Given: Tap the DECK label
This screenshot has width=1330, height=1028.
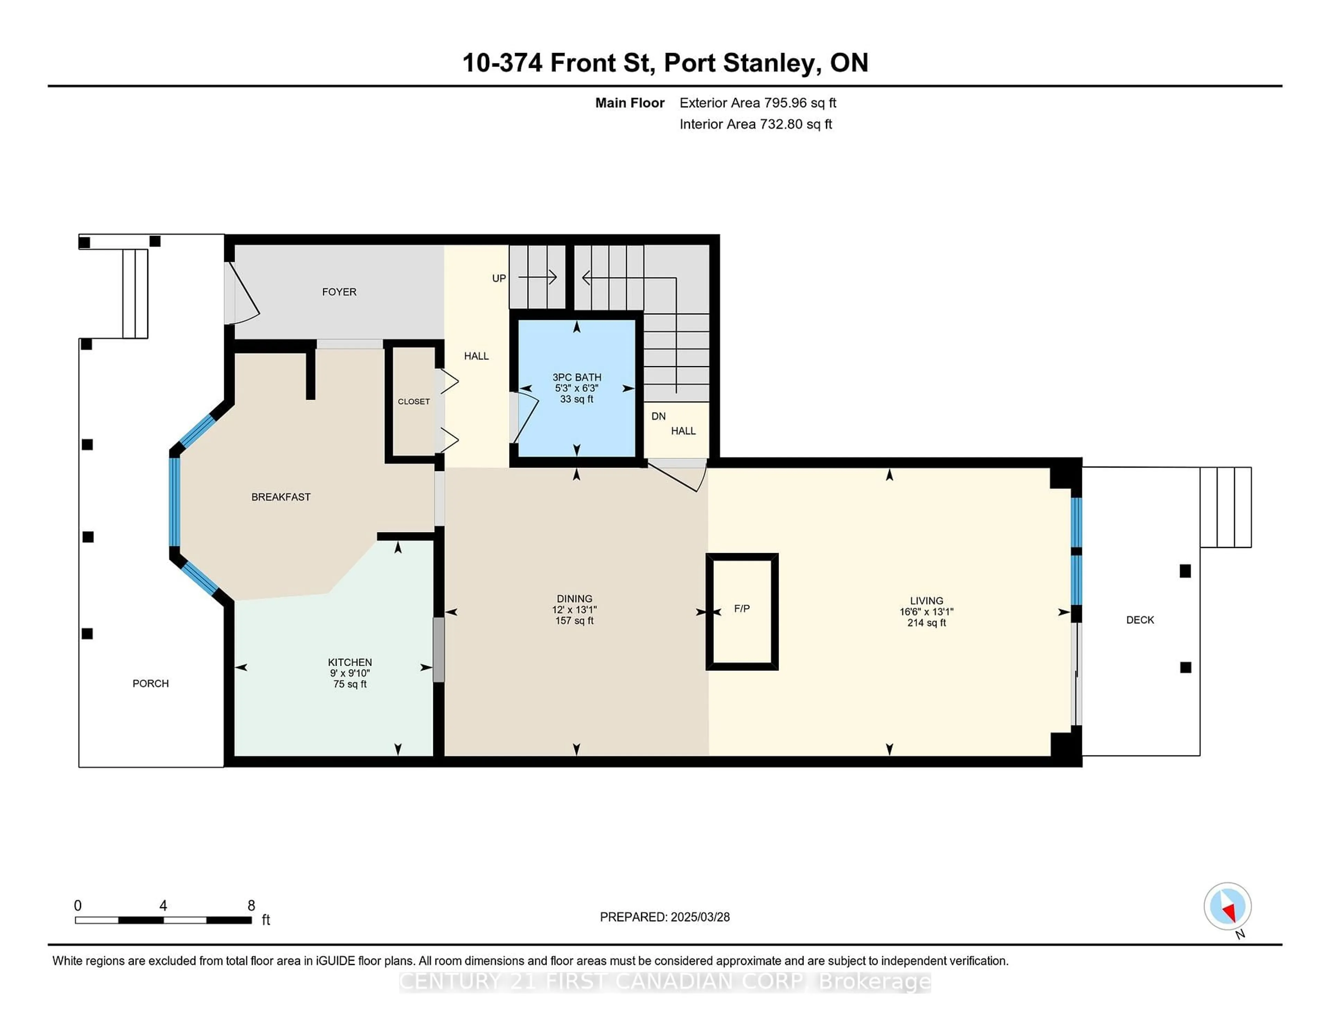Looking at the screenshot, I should [1140, 620].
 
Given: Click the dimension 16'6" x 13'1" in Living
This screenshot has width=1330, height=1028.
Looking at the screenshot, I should [926, 612].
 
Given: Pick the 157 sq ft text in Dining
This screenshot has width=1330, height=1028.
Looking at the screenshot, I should [574, 621].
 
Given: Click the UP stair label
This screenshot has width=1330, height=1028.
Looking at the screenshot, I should [499, 278].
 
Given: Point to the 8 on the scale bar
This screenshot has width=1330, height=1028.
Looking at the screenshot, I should [251, 906].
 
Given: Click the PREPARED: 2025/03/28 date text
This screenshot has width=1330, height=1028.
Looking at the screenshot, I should [664, 917].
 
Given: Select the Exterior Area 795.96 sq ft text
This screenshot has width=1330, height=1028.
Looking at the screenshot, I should [757, 103].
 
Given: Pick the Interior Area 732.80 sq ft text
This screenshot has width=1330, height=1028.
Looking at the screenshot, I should [755, 124].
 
